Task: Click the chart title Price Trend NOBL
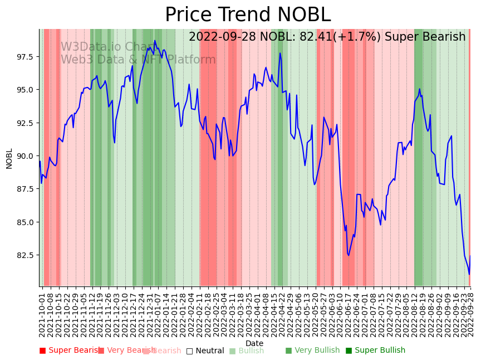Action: tap(248, 15)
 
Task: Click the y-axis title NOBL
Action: tap(9, 158)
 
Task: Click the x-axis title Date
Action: tap(254, 343)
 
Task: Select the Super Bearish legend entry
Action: tap(70, 351)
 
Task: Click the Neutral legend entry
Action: tap(205, 351)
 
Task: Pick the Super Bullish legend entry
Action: tap(375, 351)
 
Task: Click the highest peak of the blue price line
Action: tap(155, 41)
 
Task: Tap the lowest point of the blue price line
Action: tap(469, 274)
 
